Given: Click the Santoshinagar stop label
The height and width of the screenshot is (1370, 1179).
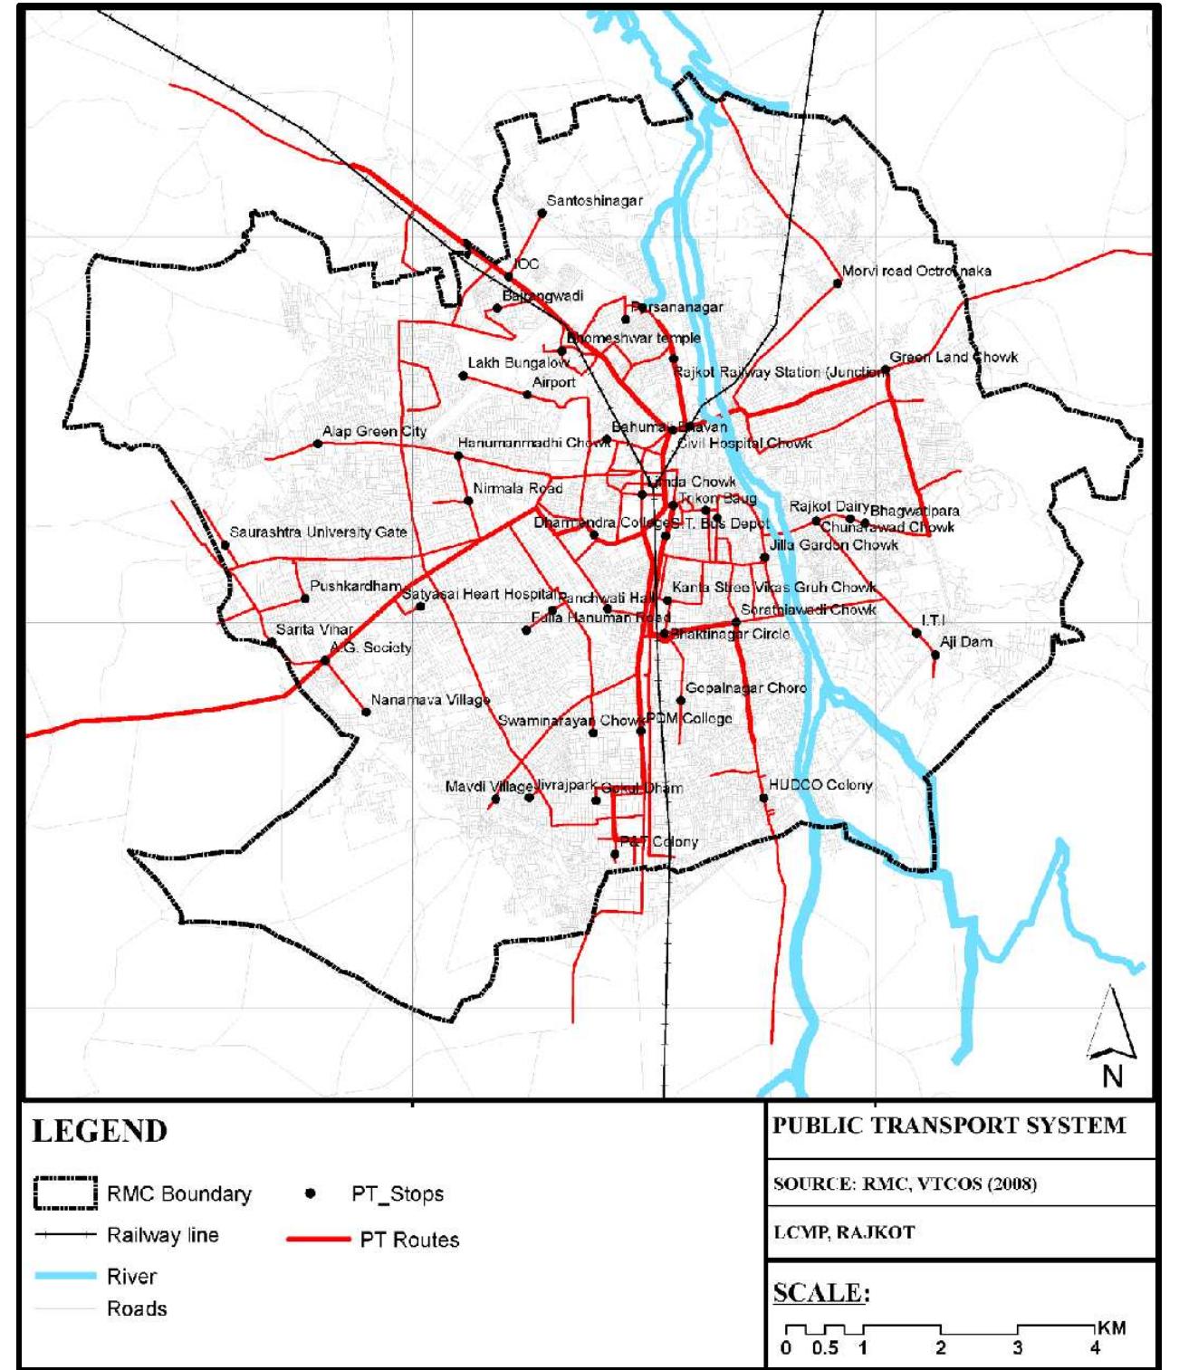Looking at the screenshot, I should coord(594,201).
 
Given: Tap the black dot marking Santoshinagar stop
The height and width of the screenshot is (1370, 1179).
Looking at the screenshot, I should coord(542,214).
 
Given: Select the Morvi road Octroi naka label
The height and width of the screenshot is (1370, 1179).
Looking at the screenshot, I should coord(916,271).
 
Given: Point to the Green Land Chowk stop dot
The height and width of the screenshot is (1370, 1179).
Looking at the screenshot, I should coord(887,369).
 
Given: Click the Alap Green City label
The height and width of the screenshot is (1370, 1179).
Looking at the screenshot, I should coord(374,432).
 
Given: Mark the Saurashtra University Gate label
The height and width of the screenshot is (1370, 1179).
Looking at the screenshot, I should coord(318,532).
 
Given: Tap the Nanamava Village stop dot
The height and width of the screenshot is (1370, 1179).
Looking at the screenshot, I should coord(367,712).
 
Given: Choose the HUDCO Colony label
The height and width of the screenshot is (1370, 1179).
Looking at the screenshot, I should coord(820,785).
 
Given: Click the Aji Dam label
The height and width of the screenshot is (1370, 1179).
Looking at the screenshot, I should coord(965,642).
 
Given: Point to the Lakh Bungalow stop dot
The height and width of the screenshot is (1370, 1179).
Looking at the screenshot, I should coord(464,376).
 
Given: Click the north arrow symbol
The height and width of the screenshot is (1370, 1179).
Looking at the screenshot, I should coord(1112,1032).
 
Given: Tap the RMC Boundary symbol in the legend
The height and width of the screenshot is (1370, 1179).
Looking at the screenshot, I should coord(65,1193).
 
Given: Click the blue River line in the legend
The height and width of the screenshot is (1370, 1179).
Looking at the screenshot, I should coord(65,1276).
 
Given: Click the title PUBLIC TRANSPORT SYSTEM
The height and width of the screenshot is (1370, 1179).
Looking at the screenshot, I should coord(948,1126).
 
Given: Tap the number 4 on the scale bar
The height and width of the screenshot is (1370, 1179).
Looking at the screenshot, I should coord(1095,1348).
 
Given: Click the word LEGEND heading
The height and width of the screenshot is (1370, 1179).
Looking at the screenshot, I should coord(100,1132).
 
